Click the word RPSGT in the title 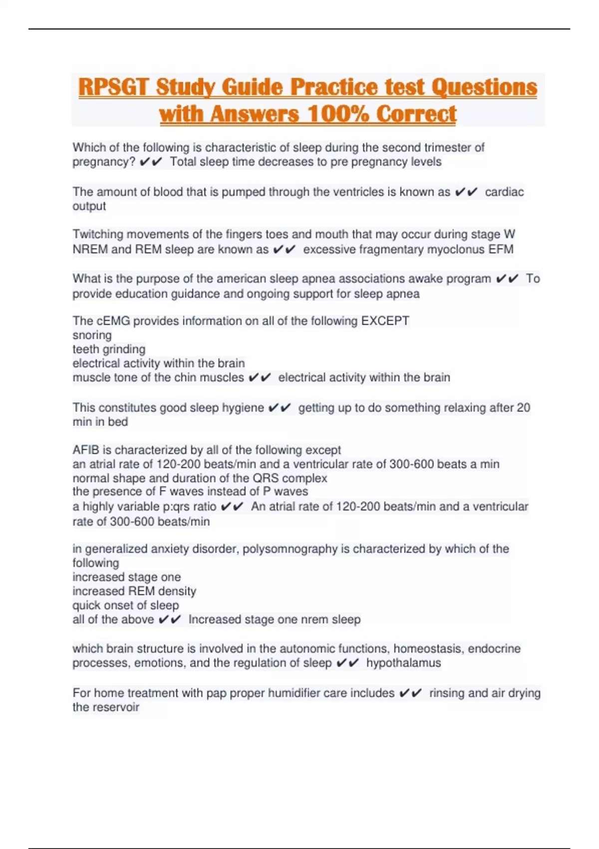[x=113, y=87]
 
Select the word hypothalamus [x=403, y=663]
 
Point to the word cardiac [x=504, y=192]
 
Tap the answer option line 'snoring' [x=92, y=335]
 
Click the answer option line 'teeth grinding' [x=109, y=349]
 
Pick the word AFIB [x=86, y=450]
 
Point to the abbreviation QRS [x=266, y=478]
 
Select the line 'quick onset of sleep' [x=125, y=605]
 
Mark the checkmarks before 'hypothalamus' [x=348, y=663]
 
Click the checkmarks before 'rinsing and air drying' [x=410, y=693]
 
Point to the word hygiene [x=243, y=408]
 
